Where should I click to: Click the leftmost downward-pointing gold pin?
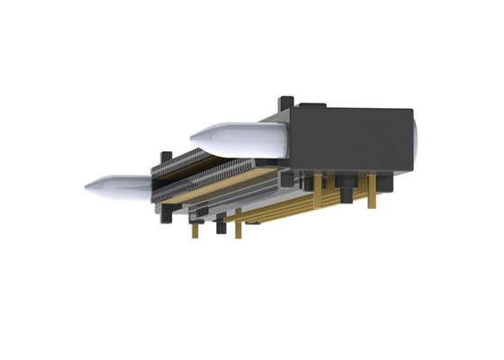pyautogui.click(x=193, y=231)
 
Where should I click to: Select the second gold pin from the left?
pyautogui.click(x=238, y=229)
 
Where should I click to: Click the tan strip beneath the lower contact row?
pyautogui.click(x=225, y=192)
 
